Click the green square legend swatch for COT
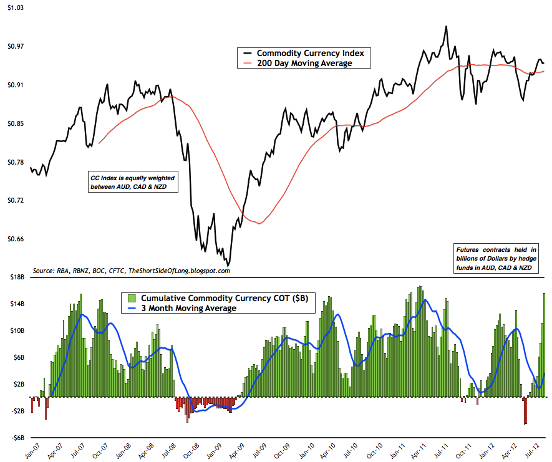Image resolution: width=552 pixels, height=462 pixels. [x=133, y=298]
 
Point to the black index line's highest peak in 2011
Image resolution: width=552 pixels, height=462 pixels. [x=445, y=26]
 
